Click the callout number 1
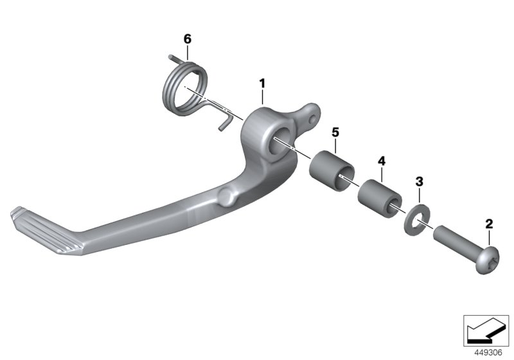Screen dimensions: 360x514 pos(262,83)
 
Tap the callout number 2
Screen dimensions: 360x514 pos(489,224)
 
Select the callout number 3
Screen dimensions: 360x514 pos(419,183)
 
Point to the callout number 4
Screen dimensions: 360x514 pos(381,159)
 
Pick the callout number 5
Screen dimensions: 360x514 pos(335,132)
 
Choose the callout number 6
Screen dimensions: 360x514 pos(188,39)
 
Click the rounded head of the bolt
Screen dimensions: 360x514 pos(487,262)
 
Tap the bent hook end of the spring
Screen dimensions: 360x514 pos(224,121)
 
